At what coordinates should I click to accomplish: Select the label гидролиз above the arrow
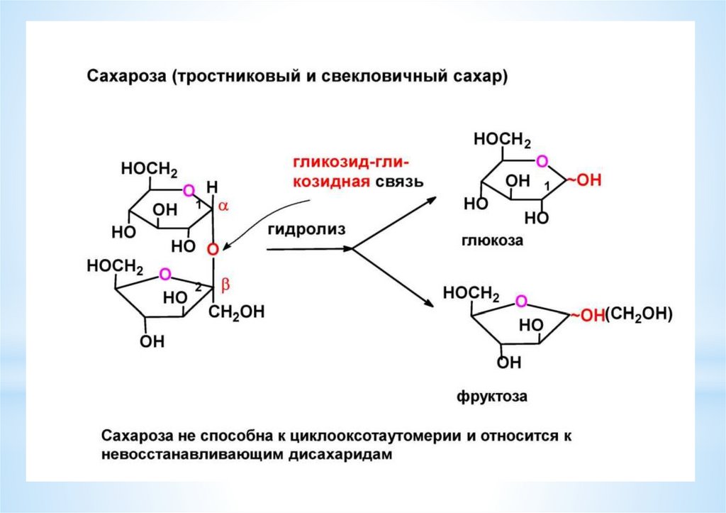tap(306, 229)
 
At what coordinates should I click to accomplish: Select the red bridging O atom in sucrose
tap(212, 248)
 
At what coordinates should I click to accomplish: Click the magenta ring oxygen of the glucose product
tap(542, 162)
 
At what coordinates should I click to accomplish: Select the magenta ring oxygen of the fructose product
tap(521, 302)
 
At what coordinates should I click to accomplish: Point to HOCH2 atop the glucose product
tap(502, 141)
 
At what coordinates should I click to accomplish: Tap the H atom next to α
tap(211, 187)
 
